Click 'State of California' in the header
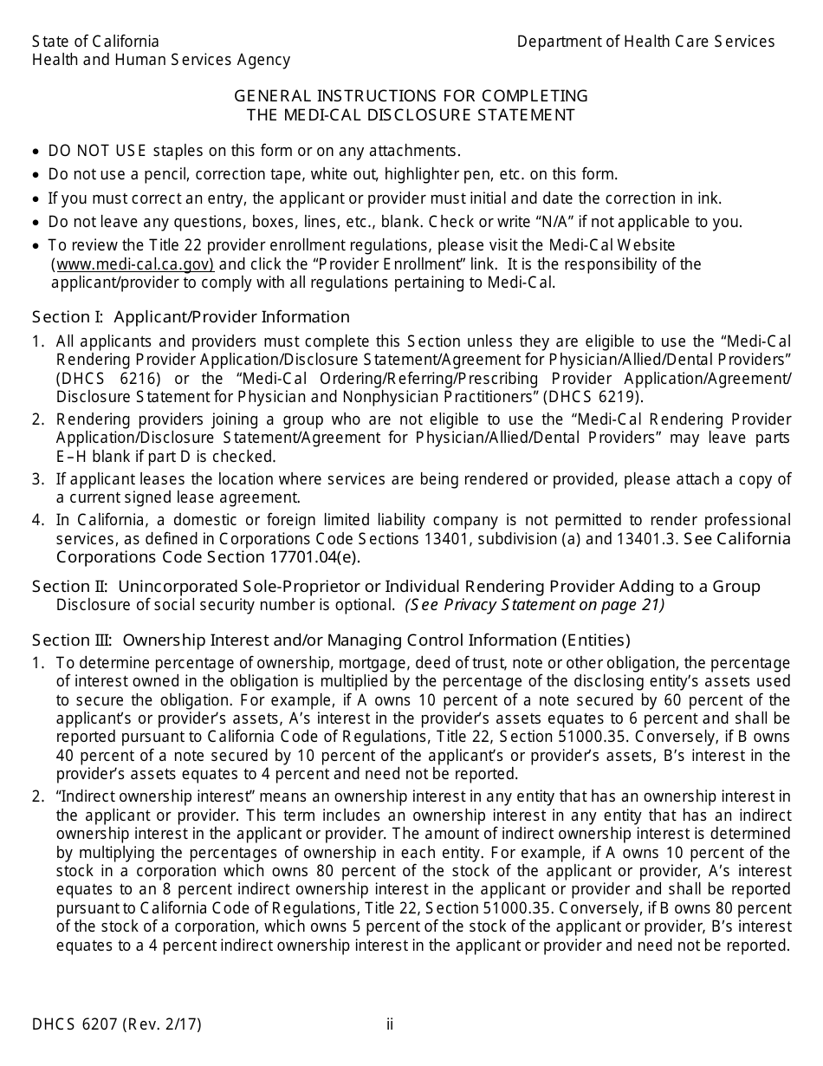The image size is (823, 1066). click(x=95, y=42)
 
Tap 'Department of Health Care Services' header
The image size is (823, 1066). click(x=645, y=42)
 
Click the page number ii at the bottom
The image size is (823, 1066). click(x=390, y=1024)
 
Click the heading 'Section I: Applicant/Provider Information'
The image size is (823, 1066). click(x=191, y=317)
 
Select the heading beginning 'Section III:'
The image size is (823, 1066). click(x=331, y=640)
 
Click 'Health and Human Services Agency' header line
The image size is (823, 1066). click(x=160, y=60)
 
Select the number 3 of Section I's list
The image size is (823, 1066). click(x=37, y=479)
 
